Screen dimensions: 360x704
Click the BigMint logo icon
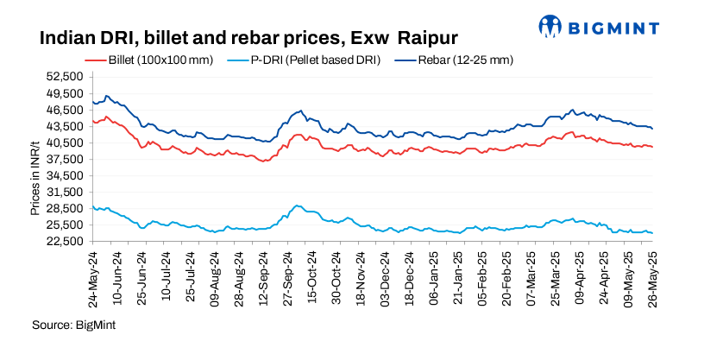point(553,26)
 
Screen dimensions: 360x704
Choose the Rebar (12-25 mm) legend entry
point(453,60)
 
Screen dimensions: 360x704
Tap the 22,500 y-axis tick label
point(66,241)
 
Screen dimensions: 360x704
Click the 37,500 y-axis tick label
point(66,159)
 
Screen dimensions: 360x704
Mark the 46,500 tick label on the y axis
point(66,111)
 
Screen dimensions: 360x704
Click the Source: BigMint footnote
point(73,325)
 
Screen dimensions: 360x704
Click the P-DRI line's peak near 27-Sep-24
point(297,205)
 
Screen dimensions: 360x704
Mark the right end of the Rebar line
point(652,129)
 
